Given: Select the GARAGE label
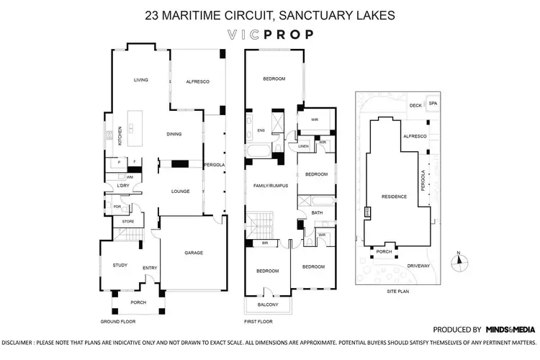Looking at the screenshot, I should [194, 253].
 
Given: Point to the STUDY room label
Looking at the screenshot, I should [120, 265].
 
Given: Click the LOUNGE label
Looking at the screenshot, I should [179, 192].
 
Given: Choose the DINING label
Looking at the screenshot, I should [174, 134].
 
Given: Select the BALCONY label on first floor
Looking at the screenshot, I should [266, 305].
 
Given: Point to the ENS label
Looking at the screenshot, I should [261, 130].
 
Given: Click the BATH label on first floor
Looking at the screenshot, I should [317, 213].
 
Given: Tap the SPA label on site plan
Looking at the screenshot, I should [433, 104].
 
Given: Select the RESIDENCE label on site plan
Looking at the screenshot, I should [395, 197].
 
